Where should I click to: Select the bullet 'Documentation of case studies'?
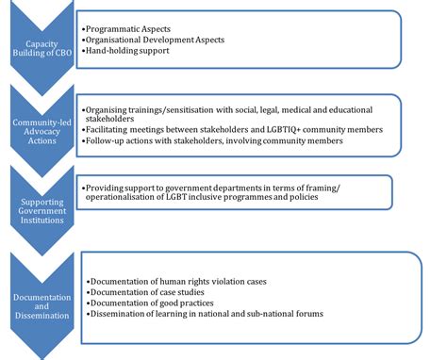click(151, 292)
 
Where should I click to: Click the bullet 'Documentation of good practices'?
click(157, 303)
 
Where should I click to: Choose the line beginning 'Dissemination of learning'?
click(204, 314)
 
